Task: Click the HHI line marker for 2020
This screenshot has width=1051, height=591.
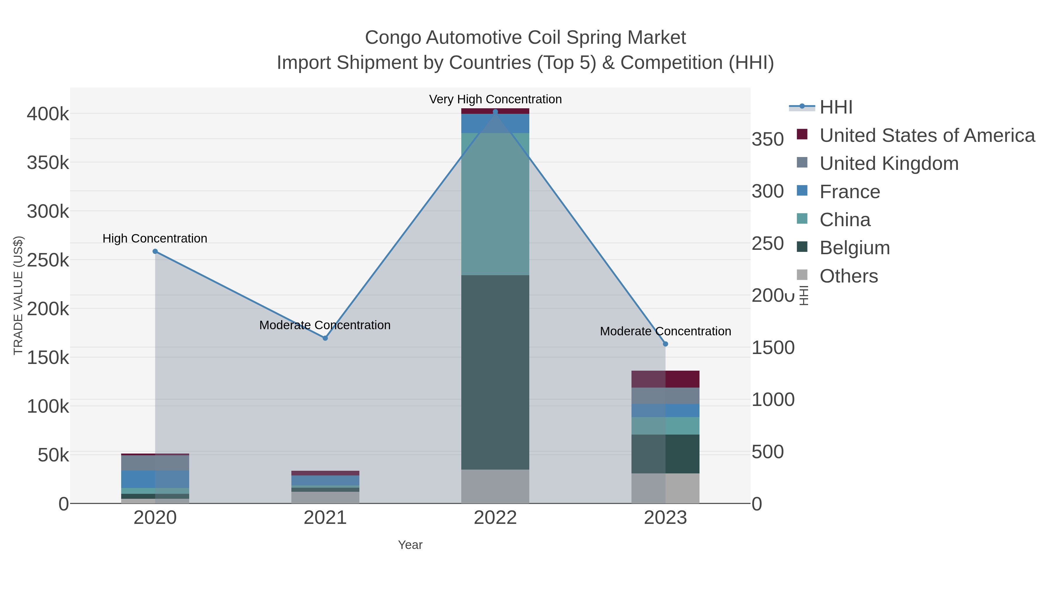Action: coord(155,251)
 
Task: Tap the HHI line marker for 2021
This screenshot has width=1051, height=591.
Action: coord(325,338)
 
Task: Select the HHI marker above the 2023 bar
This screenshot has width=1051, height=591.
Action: coord(665,344)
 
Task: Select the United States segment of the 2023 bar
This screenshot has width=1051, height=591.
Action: coord(665,379)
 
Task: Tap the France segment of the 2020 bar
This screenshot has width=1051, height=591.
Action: coord(155,479)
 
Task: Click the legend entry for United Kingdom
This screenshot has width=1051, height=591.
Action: coord(889,163)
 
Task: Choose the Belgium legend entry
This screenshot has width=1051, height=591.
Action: coord(854,248)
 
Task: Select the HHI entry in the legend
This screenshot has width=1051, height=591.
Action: coord(836,107)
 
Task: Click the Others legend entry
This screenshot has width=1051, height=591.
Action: coord(848,276)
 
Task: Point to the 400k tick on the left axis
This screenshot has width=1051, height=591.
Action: coord(48,114)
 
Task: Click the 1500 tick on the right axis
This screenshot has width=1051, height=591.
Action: coord(773,348)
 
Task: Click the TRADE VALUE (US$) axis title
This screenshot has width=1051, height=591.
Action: coord(18,295)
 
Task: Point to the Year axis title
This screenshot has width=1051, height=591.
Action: coord(410,545)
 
